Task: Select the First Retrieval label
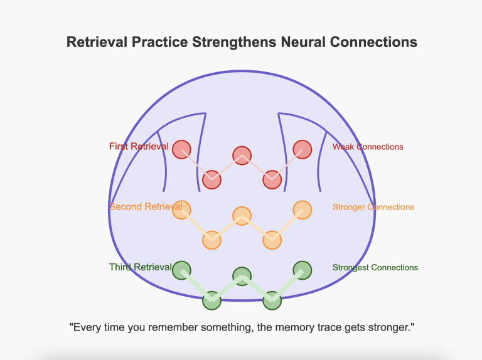point(138,147)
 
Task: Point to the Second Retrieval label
point(146,207)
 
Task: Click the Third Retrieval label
point(139,267)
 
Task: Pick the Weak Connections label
point(368,147)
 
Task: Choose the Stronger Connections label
point(373,207)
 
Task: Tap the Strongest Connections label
point(375,267)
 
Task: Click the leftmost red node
point(181,149)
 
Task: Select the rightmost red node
point(303,149)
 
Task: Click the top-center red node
point(242,155)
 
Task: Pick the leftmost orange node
point(181,209)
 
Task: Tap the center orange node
point(242,215)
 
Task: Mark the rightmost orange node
point(303,209)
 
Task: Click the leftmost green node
point(181,270)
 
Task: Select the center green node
point(242,275)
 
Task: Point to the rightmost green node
point(303,270)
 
